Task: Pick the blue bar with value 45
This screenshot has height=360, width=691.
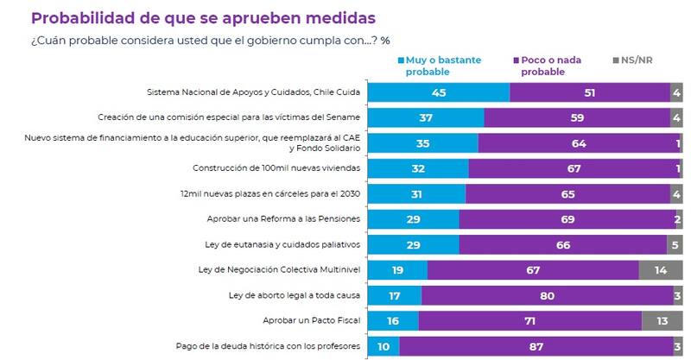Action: coord(438,92)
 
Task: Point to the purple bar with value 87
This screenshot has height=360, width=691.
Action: coord(535,346)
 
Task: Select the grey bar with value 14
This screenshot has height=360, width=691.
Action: coord(661,270)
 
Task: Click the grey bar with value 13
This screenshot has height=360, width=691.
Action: coord(662,320)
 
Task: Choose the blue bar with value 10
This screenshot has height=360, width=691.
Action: coord(383,346)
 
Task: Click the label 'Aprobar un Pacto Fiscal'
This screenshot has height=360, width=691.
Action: coord(312,320)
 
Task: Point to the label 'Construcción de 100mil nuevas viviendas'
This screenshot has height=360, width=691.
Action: coord(277,168)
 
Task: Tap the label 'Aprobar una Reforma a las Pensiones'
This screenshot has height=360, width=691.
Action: coord(284,219)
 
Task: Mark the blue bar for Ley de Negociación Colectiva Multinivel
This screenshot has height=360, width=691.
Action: coord(396,270)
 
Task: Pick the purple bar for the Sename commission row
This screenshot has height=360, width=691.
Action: coord(577,118)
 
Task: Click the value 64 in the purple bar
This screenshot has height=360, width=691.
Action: coord(574,143)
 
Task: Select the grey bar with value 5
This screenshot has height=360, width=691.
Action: coord(675,245)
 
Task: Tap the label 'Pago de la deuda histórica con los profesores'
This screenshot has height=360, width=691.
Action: coord(267,346)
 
